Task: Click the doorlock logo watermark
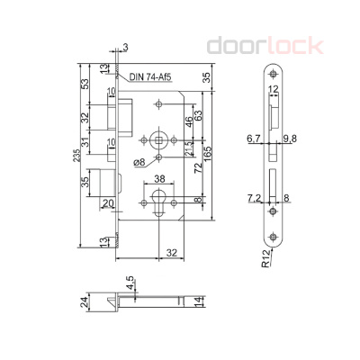coord(265,46)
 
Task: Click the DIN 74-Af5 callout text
coord(150,77)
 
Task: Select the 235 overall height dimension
coord(76,155)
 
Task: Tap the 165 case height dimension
coord(208,153)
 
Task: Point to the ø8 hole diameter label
coord(139,162)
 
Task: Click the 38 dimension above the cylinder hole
coord(159,179)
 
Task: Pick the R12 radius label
coord(265,260)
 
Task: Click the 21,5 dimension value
coord(189,148)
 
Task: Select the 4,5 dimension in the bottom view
coord(130,283)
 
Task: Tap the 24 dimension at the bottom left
coord(85,302)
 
